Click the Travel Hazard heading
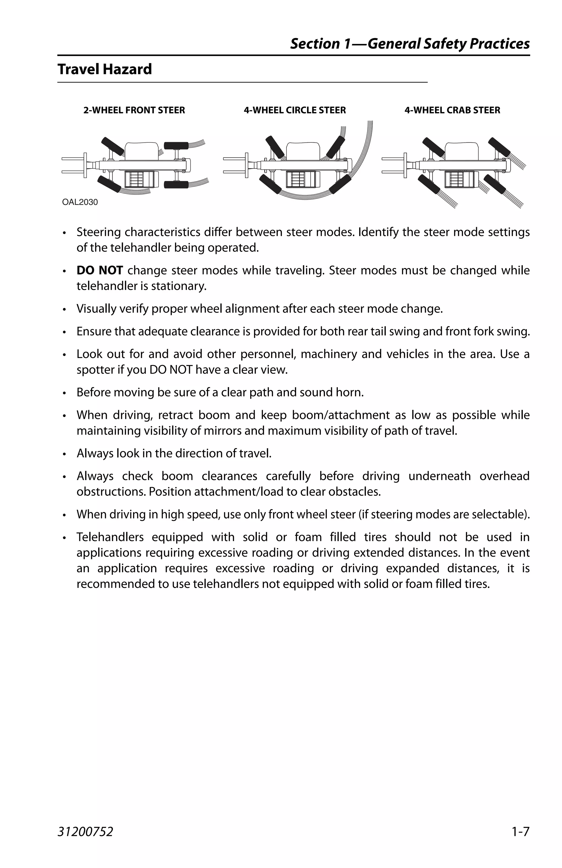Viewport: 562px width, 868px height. pos(104,69)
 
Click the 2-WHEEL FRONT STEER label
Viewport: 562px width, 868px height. pos(134,110)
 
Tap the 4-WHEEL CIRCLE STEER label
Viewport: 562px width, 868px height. pos(294,110)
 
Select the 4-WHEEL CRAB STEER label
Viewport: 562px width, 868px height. pos(452,110)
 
